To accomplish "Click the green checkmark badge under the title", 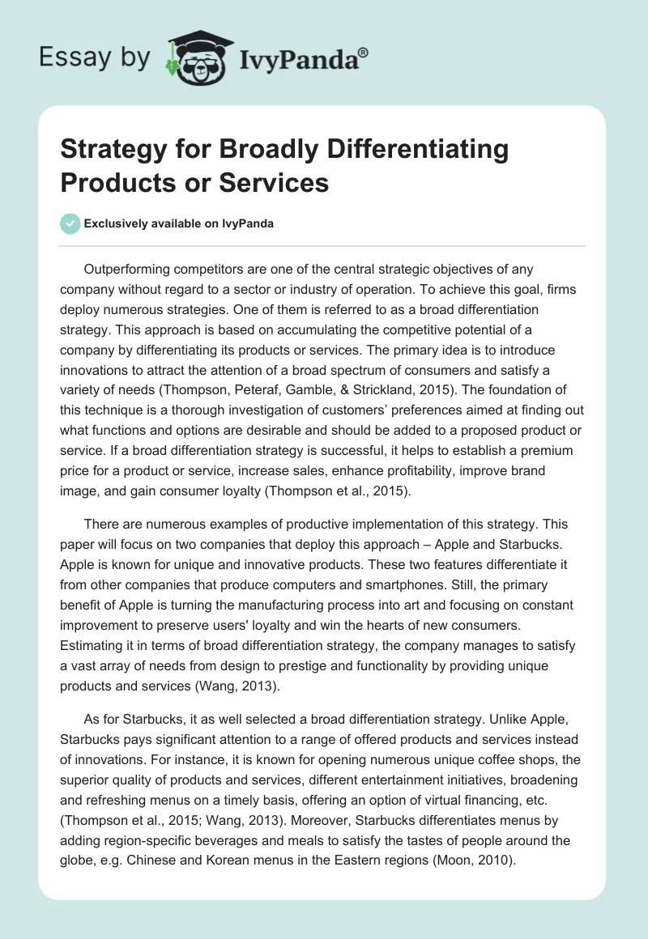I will [70, 223].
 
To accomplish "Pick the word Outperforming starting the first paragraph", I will [134, 269].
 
